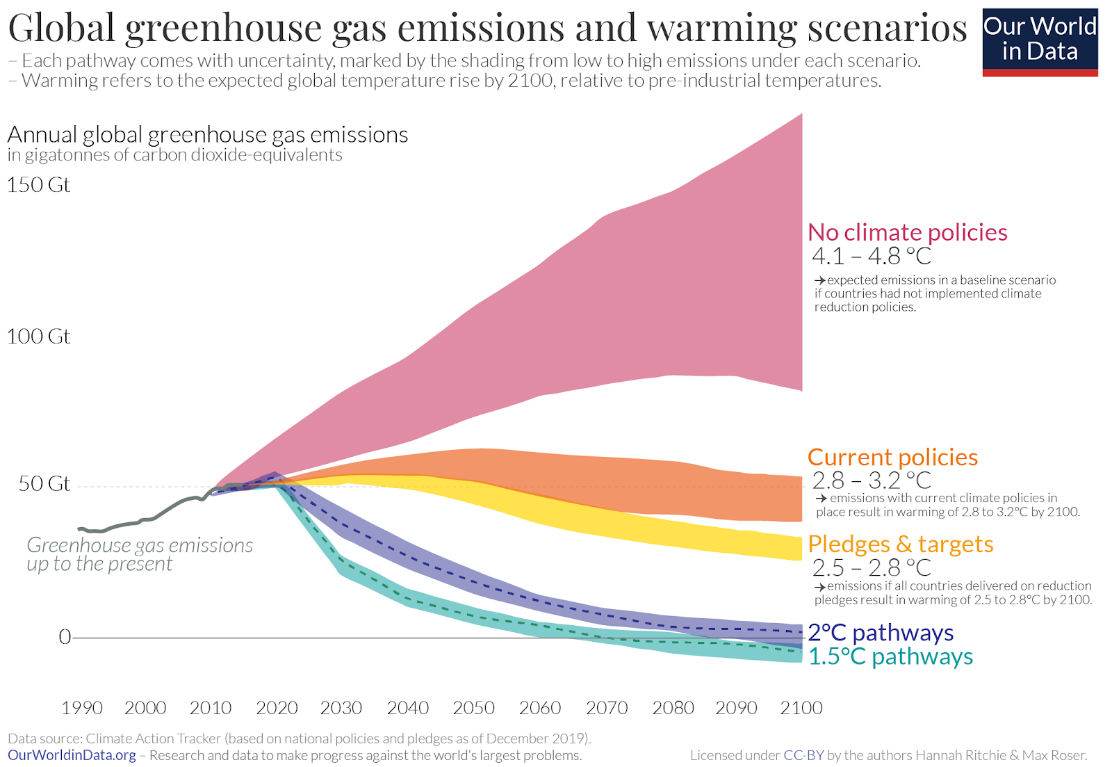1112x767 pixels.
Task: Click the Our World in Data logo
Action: pyautogui.click(x=1040, y=42)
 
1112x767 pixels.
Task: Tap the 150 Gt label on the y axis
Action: pyautogui.click(x=39, y=185)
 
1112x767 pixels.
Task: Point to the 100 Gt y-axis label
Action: pyautogui.click(x=39, y=337)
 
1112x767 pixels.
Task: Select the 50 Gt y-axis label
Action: pyautogui.click(x=44, y=483)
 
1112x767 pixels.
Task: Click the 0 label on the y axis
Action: pyautogui.click(x=65, y=637)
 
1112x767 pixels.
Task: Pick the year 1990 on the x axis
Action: pyautogui.click(x=82, y=708)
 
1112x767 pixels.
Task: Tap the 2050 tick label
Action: pyautogui.click(x=473, y=708)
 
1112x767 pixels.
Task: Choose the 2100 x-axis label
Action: pyautogui.click(x=801, y=708)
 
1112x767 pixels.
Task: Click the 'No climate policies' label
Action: pyautogui.click(x=907, y=232)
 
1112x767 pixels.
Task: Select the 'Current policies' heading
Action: pyautogui.click(x=892, y=458)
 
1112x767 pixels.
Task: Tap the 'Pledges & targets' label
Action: pyautogui.click(x=901, y=544)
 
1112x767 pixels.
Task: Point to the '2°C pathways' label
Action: pyautogui.click(x=881, y=633)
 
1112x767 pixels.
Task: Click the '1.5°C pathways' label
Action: pyautogui.click(x=890, y=656)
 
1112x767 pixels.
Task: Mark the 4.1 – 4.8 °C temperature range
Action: pyautogui.click(x=872, y=257)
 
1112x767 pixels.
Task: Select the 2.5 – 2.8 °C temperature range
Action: pyautogui.click(x=872, y=568)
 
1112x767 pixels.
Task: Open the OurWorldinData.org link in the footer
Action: pyautogui.click(x=72, y=755)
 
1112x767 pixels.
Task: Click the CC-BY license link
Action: pyautogui.click(x=803, y=755)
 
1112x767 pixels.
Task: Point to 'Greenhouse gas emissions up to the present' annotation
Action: pyautogui.click(x=140, y=554)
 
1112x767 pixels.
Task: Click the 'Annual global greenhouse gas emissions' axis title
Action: pyautogui.click(x=208, y=135)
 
